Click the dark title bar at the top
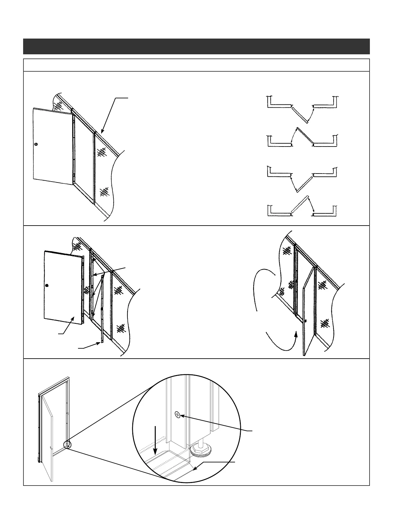point(196,46)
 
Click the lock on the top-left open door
point(36,145)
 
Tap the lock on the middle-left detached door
point(47,285)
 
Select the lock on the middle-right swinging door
point(305,321)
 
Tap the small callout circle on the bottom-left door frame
point(67,444)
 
